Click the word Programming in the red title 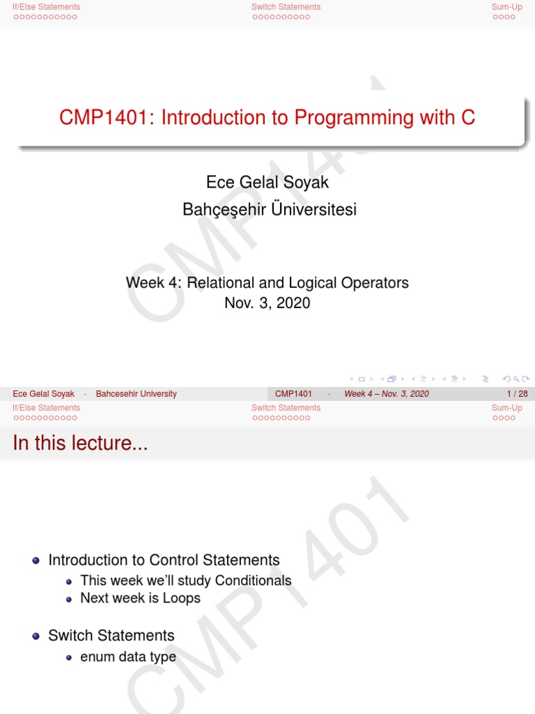(355, 118)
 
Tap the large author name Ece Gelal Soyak (267, 182)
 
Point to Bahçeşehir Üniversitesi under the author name (269, 209)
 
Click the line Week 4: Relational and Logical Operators (267, 282)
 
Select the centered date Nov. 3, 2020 (267, 303)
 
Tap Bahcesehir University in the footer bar (136, 394)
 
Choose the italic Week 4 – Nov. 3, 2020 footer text (387, 394)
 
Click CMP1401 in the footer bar (293, 394)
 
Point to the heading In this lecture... (80, 443)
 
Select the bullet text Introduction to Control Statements (164, 560)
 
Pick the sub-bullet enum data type (128, 657)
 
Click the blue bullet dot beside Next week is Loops (69, 599)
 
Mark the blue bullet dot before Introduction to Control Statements (36, 561)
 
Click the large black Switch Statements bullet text (111, 635)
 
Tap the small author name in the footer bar (43, 394)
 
